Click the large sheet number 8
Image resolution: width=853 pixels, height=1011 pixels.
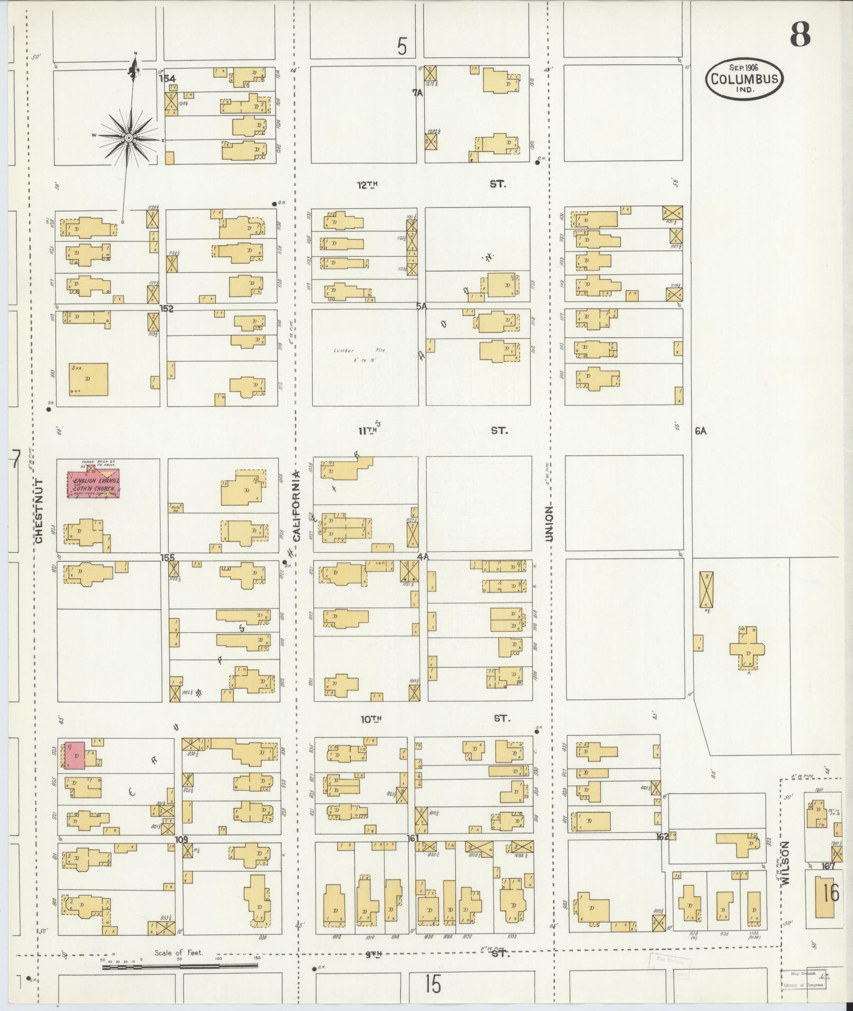[800, 35]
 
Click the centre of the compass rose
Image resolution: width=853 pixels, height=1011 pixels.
[128, 137]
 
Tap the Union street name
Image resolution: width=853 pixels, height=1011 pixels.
[549, 523]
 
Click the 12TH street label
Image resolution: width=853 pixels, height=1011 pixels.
[369, 184]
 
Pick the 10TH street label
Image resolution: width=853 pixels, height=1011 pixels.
[371, 718]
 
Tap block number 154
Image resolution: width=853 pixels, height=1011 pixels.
[168, 78]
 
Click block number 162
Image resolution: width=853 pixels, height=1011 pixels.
[662, 837]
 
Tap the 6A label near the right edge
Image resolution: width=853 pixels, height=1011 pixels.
[701, 431]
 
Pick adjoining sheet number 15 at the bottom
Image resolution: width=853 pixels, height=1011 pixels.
[432, 984]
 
